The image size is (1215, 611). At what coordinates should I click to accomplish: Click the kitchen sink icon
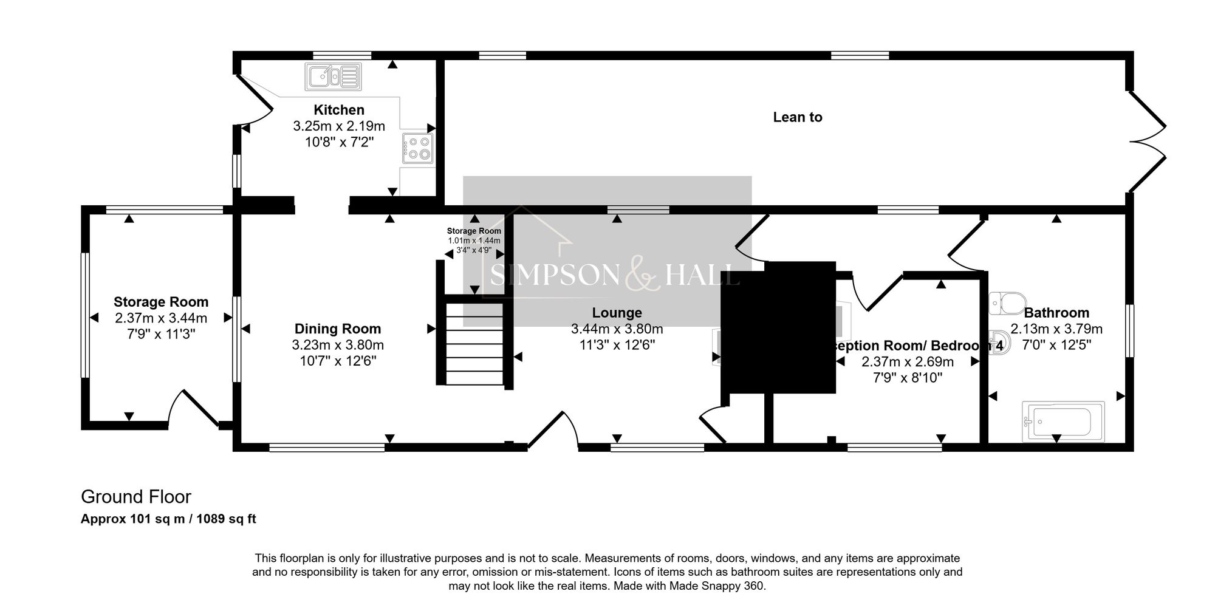click(x=334, y=77)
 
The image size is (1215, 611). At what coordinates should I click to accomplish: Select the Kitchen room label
click(x=339, y=110)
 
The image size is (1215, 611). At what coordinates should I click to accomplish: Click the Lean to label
click(x=797, y=117)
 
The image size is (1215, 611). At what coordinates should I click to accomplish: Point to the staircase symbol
click(x=474, y=343)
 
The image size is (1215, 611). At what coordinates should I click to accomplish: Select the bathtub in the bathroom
click(x=1064, y=420)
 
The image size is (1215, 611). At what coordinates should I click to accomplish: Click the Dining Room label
click(x=338, y=329)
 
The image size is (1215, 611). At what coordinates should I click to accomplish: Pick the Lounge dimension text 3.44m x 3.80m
click(x=617, y=329)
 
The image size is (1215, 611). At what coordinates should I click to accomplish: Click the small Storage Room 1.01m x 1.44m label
click(x=474, y=231)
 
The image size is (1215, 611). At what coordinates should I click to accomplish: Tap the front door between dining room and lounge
click(x=553, y=431)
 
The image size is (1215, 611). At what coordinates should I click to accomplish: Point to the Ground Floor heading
click(x=136, y=497)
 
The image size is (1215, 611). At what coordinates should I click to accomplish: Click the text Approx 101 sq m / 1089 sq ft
click(x=168, y=519)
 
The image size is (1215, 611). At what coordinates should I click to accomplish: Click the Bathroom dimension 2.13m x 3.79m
click(x=1056, y=329)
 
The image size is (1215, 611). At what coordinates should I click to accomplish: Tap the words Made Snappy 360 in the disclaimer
click(x=716, y=586)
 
